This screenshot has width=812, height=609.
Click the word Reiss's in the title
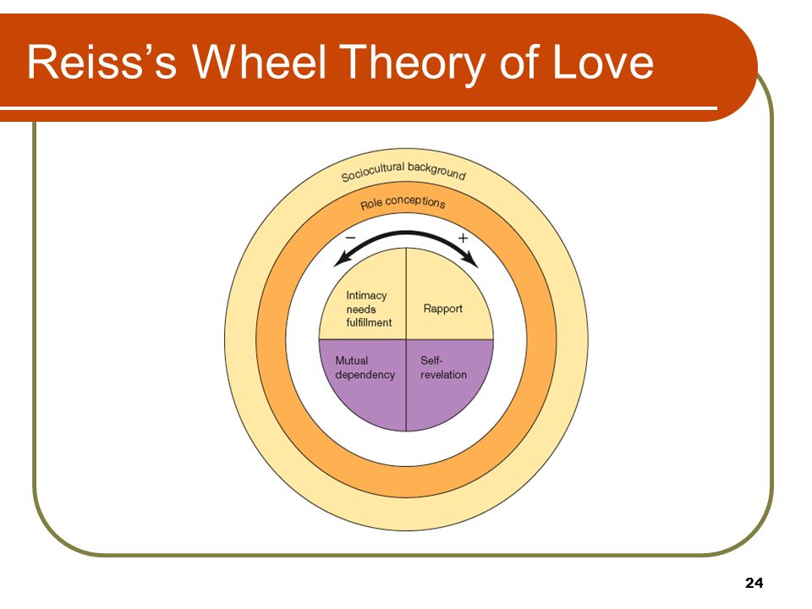(101, 62)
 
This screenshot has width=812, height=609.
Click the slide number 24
(754, 583)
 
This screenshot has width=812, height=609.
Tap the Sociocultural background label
(403, 172)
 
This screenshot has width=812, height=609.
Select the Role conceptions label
(403, 202)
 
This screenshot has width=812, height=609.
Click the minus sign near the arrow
(350, 238)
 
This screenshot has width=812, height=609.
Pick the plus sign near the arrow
(463, 238)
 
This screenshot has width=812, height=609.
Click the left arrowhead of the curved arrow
(342, 261)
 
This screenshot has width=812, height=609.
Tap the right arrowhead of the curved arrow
(471, 260)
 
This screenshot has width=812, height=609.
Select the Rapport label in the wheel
(442, 309)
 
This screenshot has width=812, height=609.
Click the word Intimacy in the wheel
(366, 295)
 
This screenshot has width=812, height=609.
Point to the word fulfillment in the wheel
(369, 322)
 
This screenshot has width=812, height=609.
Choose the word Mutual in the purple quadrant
(352, 360)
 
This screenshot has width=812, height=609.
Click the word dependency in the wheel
(365, 375)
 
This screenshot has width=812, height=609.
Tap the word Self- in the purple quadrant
(431, 360)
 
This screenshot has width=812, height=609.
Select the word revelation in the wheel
(443, 375)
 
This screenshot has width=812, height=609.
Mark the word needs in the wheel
(361, 310)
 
